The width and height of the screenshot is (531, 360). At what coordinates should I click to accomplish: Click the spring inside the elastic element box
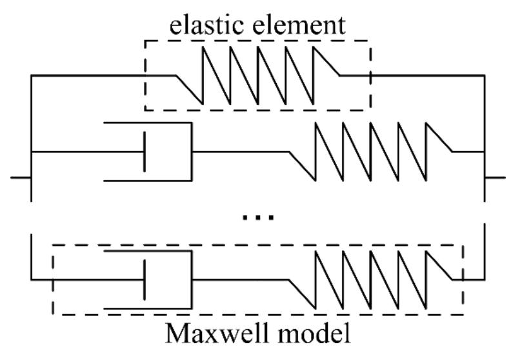tap(258, 76)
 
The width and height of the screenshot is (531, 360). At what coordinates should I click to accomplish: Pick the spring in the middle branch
tap(370, 152)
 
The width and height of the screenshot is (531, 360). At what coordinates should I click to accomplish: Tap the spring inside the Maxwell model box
tap(370, 279)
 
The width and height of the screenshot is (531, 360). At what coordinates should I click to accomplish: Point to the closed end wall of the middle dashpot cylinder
tap(192, 152)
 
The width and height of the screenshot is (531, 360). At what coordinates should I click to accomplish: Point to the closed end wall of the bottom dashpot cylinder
tap(192, 279)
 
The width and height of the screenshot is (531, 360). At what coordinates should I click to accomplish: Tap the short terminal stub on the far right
tap(495, 177)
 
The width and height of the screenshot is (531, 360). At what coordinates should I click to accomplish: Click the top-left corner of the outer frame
tap(31, 76)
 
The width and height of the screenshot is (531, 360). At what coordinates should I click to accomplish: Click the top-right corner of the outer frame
tap(484, 76)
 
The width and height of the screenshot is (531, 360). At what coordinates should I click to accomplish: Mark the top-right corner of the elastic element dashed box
tap(370, 41)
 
